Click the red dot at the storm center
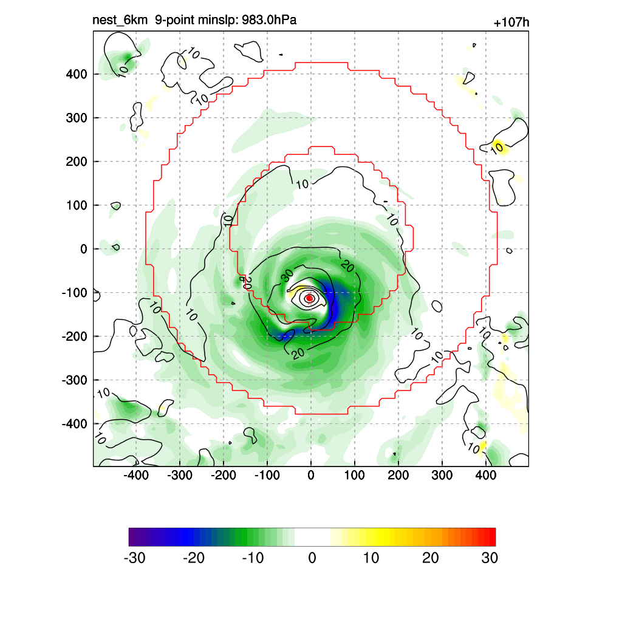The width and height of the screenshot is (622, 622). [309, 298]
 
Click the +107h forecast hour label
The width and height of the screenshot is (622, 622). [511, 23]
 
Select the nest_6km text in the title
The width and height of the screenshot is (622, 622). [120, 21]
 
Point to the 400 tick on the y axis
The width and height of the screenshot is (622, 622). [77, 74]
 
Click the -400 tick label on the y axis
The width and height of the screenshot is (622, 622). [75, 423]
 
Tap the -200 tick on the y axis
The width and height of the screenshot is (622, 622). [75, 336]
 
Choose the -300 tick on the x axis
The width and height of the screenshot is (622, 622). [180, 475]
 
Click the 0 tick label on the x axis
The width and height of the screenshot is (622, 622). [311, 475]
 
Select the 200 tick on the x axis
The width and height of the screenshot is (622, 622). [398, 475]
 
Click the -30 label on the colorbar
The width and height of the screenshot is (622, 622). [134, 558]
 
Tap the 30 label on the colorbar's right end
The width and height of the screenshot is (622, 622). [490, 558]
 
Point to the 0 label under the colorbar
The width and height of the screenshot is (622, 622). [312, 558]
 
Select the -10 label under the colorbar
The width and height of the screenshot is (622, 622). [253, 558]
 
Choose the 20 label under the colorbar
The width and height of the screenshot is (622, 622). [431, 558]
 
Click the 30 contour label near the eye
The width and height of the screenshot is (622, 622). [287, 276]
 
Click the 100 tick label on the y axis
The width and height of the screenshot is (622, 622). [77, 205]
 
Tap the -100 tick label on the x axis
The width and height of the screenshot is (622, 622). [267, 475]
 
